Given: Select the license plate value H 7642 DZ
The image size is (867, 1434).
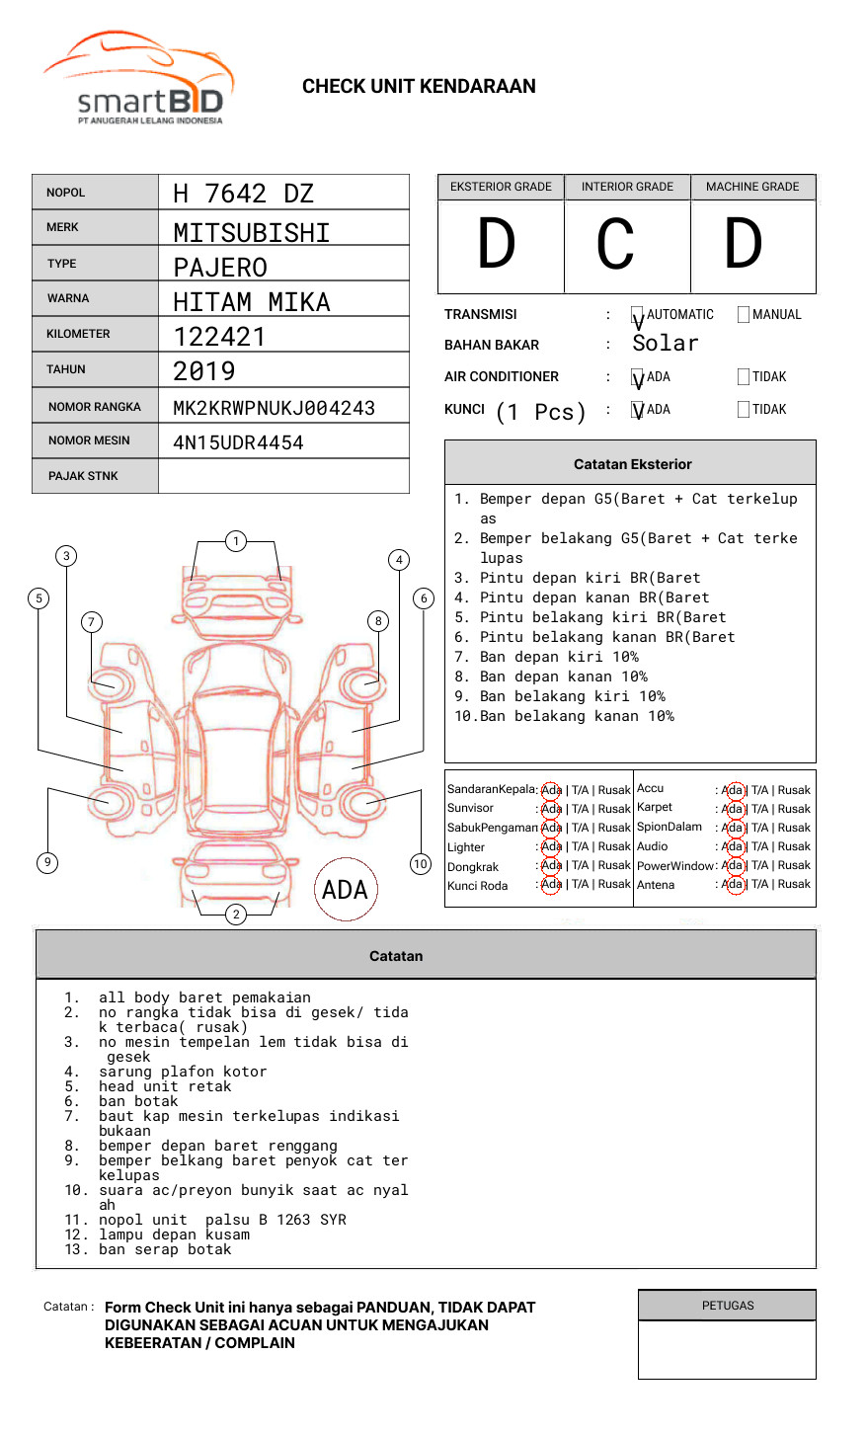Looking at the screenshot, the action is tap(243, 194).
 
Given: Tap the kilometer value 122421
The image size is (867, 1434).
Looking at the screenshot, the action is tap(219, 337).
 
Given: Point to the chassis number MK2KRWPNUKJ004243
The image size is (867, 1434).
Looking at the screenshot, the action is tap(275, 408).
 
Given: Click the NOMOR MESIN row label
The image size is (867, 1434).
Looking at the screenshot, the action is tap(89, 440).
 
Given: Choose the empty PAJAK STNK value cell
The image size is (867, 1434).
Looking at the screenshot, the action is tap(283, 476).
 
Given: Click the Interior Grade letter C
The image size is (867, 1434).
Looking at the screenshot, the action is tap(615, 243).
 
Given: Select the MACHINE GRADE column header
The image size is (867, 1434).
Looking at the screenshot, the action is tap(752, 187).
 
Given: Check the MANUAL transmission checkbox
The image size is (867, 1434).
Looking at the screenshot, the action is tap(744, 314).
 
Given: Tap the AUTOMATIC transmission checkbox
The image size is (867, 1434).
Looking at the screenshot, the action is tap(637, 314).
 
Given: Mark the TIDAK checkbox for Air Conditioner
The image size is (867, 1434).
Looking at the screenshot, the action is tap(744, 376).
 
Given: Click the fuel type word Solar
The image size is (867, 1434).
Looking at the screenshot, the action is tap(666, 343).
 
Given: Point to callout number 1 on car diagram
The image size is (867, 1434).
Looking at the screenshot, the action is tap(236, 541).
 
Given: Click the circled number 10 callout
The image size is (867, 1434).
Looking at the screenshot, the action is tap(421, 864).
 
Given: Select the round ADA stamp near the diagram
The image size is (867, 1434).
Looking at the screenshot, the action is tap(346, 889).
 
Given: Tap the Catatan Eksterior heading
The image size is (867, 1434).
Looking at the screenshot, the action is tap(633, 464).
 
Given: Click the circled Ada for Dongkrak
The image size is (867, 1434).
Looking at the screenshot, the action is tap(551, 865).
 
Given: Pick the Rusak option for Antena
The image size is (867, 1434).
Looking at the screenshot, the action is tap(794, 884).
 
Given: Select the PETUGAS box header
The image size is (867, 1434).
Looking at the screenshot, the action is tap(728, 1306).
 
